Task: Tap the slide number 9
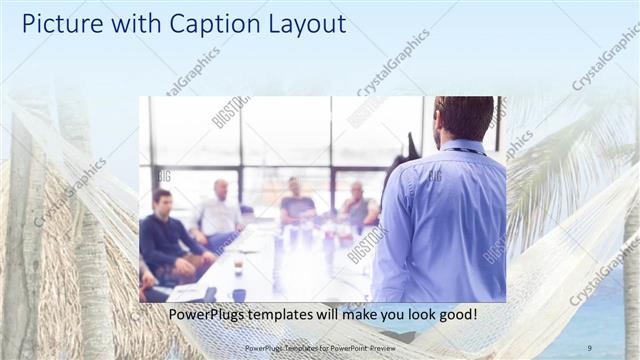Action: tap(589, 347)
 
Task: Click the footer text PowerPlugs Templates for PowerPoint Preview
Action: tap(319, 347)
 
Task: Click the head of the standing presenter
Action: tap(464, 118)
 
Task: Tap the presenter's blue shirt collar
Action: tap(463, 148)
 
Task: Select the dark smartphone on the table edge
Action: tap(209, 293)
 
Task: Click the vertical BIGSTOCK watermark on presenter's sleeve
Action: tap(494, 249)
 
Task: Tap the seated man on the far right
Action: tap(358, 207)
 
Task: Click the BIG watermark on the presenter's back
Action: tap(435, 176)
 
